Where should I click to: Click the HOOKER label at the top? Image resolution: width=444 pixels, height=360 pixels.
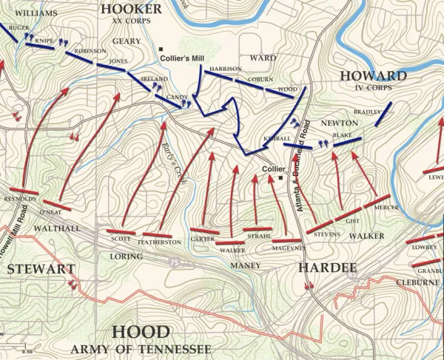click(x=131, y=9)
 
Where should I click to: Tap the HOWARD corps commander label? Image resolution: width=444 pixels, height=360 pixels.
click(x=373, y=76)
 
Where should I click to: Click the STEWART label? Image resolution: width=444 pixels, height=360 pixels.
click(x=41, y=269)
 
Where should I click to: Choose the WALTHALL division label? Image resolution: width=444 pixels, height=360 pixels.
click(x=57, y=229)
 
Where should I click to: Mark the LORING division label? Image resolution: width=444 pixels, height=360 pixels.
click(x=125, y=257)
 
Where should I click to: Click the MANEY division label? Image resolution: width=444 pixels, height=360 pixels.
click(x=246, y=265)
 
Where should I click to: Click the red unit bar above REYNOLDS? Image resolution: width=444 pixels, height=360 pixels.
click(x=19, y=191)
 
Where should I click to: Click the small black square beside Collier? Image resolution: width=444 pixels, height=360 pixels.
click(x=281, y=177)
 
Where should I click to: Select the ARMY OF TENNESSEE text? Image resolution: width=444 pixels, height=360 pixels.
click(x=141, y=349)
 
